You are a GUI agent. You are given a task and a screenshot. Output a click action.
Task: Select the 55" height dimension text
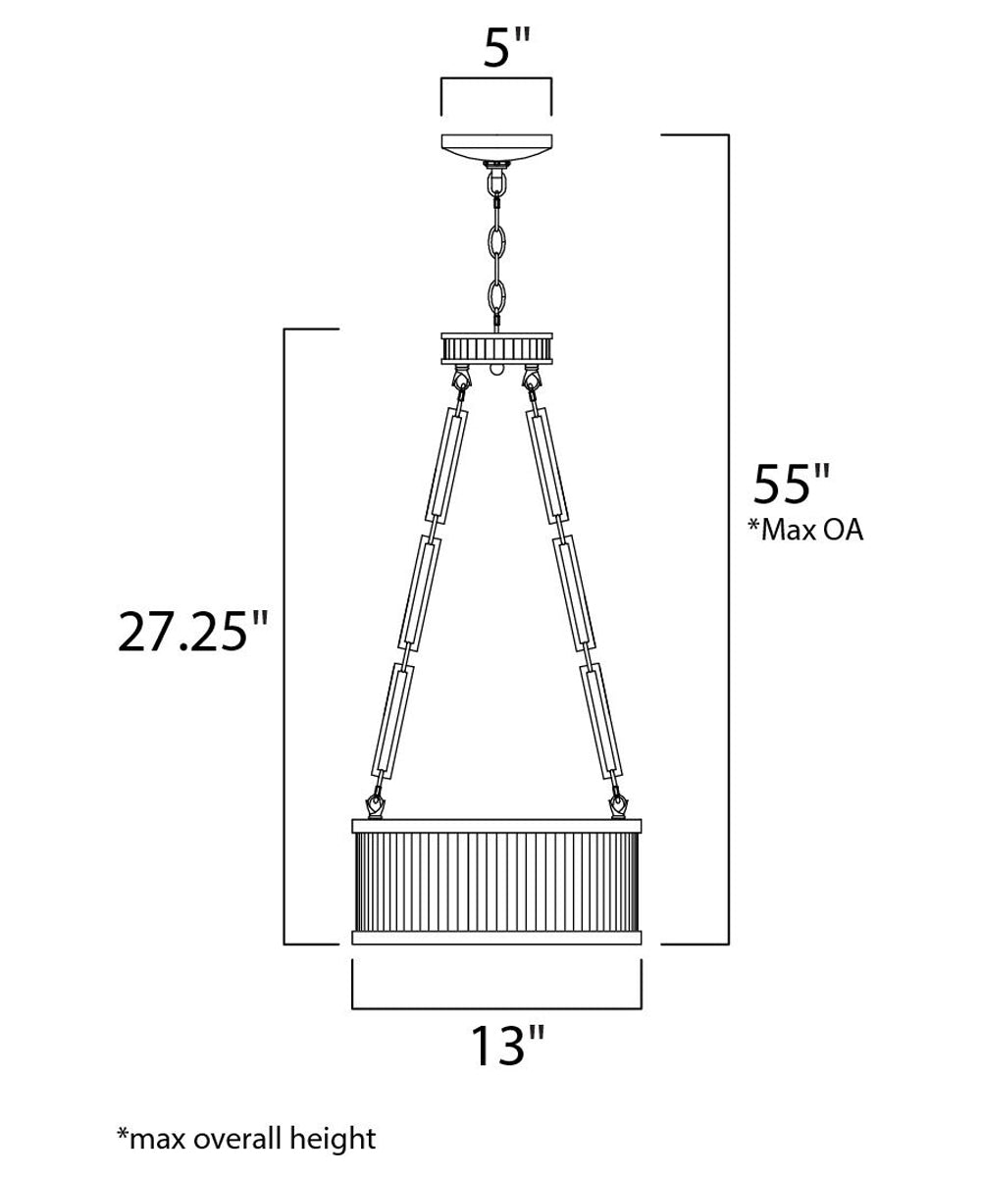(x=791, y=484)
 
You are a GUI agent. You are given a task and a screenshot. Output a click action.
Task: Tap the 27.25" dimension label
(x=192, y=633)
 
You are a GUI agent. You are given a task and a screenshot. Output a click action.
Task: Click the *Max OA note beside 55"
(x=804, y=531)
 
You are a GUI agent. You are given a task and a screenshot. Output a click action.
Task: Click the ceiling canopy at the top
(x=496, y=147)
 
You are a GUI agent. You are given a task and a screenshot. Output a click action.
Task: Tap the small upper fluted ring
(x=496, y=347)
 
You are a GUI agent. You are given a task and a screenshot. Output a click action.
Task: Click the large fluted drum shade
(x=496, y=879)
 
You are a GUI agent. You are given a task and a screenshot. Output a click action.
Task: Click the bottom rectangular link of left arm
(x=394, y=718)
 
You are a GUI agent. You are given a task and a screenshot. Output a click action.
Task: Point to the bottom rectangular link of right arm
(x=600, y=718)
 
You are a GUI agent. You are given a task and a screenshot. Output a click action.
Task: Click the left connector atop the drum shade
(x=376, y=804)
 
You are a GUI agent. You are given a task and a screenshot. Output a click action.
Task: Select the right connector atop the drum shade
(x=618, y=804)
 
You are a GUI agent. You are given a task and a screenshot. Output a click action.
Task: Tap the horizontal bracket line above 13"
(x=496, y=1007)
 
